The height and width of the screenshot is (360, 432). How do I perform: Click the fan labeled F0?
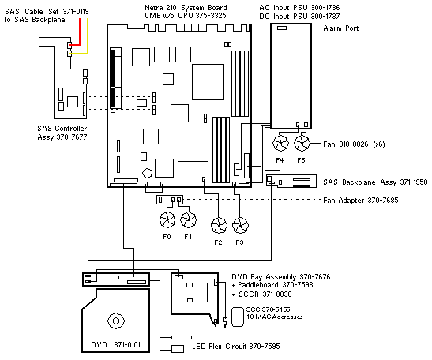(167, 219)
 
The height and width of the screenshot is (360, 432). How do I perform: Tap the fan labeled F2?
(219, 226)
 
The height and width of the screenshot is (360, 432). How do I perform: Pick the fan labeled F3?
(241, 226)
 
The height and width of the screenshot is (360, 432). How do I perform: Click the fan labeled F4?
(280, 144)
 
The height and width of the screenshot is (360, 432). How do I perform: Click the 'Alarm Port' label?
(342, 28)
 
